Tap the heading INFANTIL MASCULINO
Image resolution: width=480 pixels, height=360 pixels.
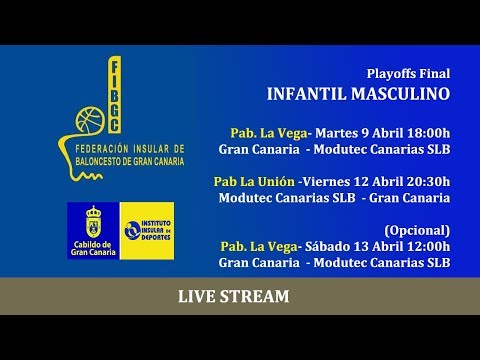pyautogui.click(x=358, y=96)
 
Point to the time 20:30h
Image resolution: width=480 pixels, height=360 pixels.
pyautogui.click(x=426, y=181)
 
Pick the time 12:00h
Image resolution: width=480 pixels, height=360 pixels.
pyautogui.click(x=427, y=246)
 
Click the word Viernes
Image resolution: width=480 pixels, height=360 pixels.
pyautogui.click(x=329, y=181)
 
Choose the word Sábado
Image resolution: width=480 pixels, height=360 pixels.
pyautogui.click(x=326, y=246)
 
